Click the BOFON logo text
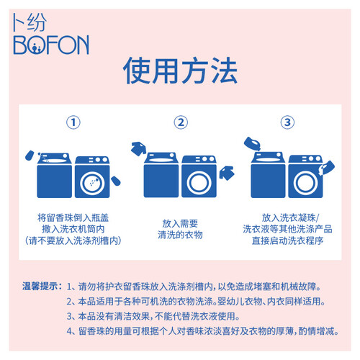[51, 45]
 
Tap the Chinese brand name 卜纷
[29, 22]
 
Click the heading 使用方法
[180, 71]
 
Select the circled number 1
[73, 122]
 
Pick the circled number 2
[181, 122]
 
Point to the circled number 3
[287, 122]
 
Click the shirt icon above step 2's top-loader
[139, 148]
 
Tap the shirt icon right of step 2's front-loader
[227, 173]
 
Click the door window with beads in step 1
[92, 184]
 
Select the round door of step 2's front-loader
[199, 183]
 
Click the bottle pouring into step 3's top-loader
[252, 144]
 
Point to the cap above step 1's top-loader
[30, 156]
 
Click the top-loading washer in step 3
[269, 175]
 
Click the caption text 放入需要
[180, 223]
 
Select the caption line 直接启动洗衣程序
[287, 240]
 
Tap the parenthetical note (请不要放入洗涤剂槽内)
[73, 240]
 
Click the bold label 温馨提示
[42, 286]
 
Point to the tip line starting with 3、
[153, 316]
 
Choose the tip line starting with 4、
[203, 331]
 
